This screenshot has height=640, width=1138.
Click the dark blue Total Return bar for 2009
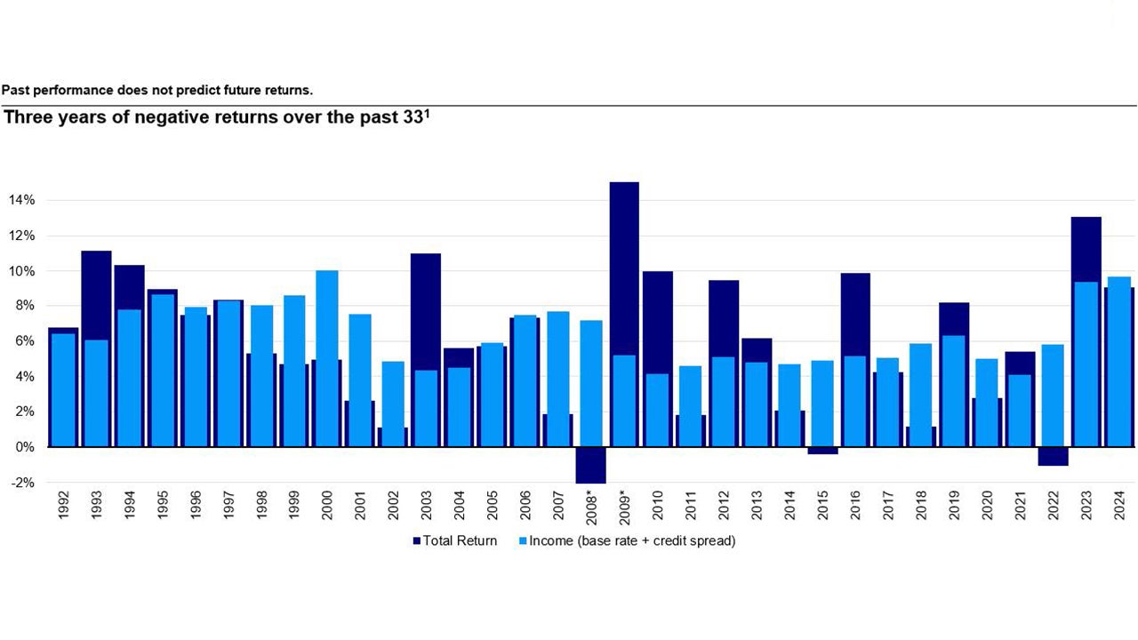coord(623,267)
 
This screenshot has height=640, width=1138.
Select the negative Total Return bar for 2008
coord(590,465)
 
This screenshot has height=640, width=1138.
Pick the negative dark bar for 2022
coord(1053,456)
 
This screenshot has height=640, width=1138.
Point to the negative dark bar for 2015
coord(821,451)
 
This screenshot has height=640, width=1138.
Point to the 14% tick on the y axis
coord(21,200)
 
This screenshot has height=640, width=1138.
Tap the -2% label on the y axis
coord(22,483)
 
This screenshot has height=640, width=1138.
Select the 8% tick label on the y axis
coord(24,306)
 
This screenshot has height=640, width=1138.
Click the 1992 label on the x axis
coord(64,504)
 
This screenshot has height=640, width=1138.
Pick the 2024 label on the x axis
coord(1118,504)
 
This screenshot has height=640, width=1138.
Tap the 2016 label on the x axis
coord(854,504)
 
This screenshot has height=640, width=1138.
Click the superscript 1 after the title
coord(427,114)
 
